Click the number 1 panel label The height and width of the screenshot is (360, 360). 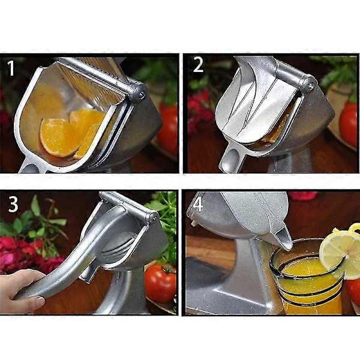point(11,68)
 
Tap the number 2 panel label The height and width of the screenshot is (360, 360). point(198,65)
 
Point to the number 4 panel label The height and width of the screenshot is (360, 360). point(198,205)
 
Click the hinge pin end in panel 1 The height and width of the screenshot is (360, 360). point(141,94)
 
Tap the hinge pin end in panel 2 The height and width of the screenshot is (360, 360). point(310,85)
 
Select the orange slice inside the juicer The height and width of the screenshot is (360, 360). point(60,137)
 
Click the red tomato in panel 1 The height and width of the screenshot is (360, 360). point(167,129)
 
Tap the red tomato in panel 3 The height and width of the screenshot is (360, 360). point(161,284)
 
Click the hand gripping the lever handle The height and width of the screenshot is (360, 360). point(22,291)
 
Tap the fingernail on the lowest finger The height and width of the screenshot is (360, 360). point(40,300)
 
